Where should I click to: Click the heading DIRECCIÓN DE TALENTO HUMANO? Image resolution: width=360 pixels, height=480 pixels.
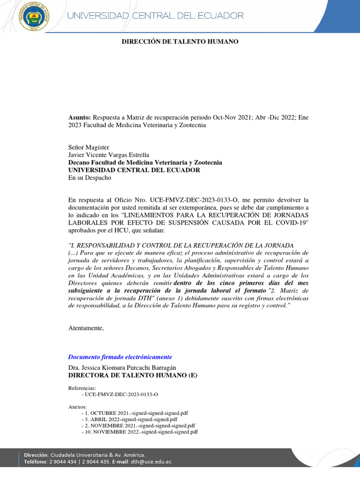pos(180,42)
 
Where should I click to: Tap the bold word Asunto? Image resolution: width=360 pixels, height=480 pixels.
pos(80,117)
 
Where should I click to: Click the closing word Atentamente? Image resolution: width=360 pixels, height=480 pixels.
pos(86,328)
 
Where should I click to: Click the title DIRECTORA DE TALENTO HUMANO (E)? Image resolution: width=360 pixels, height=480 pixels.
pos(133,375)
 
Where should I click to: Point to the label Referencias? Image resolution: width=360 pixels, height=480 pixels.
pos(82,388)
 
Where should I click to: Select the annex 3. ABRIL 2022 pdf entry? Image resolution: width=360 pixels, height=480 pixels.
pos(131,419)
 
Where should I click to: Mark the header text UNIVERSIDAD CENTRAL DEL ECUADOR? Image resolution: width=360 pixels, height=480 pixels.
pos(156,15)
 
